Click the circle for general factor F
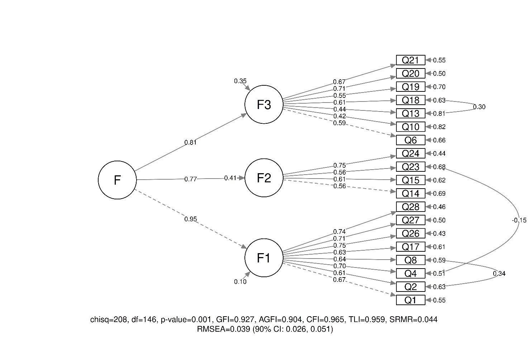click(x=117, y=180)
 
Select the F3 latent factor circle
click(x=263, y=104)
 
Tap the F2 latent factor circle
click(x=263, y=178)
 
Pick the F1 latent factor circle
click(x=263, y=258)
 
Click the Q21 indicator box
click(x=410, y=60)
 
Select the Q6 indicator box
click(x=410, y=140)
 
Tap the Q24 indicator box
click(x=410, y=153)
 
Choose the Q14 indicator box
click(x=410, y=194)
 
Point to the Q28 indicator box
click(x=410, y=207)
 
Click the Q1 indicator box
click(x=410, y=300)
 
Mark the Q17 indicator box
click(x=410, y=247)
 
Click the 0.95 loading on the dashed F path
click(x=191, y=219)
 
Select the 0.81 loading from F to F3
click(x=191, y=142)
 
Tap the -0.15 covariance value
click(x=519, y=220)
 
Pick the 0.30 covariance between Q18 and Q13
click(x=479, y=107)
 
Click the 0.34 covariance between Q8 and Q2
click(x=499, y=274)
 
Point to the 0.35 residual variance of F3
click(x=240, y=81)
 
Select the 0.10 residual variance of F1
click(x=240, y=282)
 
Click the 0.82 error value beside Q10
click(x=439, y=127)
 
